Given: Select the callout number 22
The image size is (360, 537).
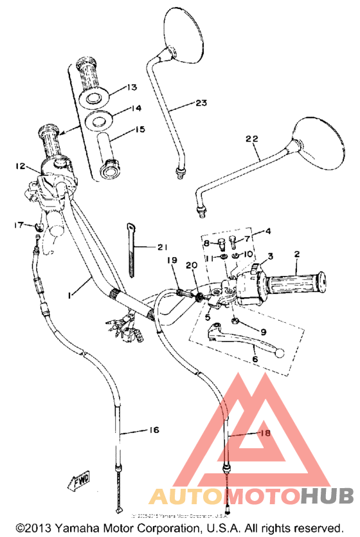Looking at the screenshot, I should click(x=252, y=138).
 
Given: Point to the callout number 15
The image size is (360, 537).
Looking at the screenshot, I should click(x=139, y=129).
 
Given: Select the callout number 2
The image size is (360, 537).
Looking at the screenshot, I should click(x=296, y=255).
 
